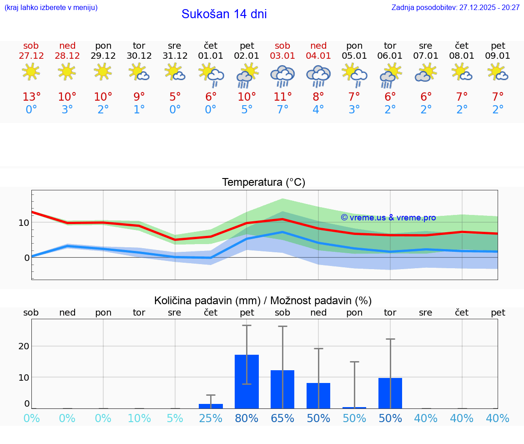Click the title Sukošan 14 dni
click(224, 14)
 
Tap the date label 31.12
click(175, 56)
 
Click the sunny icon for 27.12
click(31, 72)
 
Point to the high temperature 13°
click(31, 97)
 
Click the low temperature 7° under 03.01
click(282, 110)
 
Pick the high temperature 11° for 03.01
click(282, 97)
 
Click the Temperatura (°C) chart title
click(263, 183)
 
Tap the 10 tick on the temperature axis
click(24, 223)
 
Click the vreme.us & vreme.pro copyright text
click(388, 218)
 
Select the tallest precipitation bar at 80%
click(247, 382)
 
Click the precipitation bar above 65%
click(282, 389)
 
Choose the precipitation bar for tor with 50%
click(390, 393)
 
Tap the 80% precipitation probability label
click(247, 418)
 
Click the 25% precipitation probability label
click(211, 418)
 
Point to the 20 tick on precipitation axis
click(24, 346)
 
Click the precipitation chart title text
click(263, 301)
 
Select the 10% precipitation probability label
click(139, 418)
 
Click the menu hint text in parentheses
click(51, 8)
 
